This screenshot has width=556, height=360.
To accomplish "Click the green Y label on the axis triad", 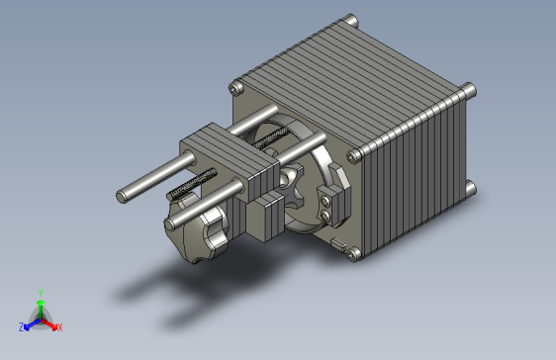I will tap(40, 293).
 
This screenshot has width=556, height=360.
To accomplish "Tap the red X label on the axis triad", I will tap(59, 326).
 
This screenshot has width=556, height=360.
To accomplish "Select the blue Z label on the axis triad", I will tap(21, 326).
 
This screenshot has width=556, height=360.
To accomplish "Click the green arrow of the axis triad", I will tap(40, 306).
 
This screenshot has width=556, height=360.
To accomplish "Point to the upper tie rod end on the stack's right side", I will tap(470, 92).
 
